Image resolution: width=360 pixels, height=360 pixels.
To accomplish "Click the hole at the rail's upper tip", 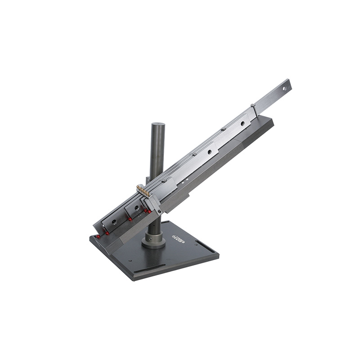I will point(284,89).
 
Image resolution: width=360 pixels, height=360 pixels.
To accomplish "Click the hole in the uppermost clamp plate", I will point(243,123).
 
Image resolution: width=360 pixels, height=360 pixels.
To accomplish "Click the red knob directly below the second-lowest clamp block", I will point(130,219).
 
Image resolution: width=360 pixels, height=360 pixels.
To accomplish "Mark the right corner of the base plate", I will point(218,255).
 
